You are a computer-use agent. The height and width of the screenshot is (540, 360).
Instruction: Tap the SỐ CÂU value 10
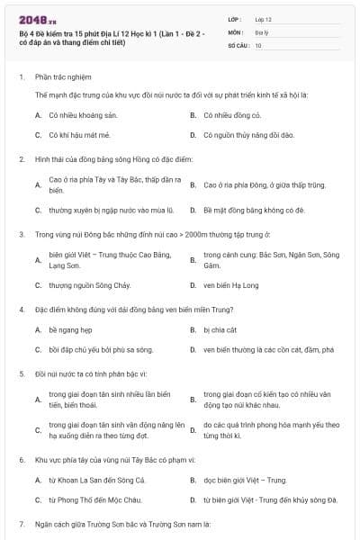click(x=258, y=44)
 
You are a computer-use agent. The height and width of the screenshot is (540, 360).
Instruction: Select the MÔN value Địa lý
click(x=262, y=31)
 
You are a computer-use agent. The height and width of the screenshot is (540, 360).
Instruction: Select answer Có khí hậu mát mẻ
click(x=79, y=135)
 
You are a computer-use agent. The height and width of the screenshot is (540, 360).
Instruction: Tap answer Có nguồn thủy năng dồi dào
click(x=248, y=135)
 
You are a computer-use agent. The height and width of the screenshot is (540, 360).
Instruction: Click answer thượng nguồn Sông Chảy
click(x=90, y=285)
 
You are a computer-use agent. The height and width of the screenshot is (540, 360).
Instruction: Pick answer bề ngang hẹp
click(x=70, y=329)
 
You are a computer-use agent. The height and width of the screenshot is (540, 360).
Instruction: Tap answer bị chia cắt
click(x=220, y=329)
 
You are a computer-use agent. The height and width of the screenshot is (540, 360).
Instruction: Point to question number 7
click(x=22, y=523)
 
